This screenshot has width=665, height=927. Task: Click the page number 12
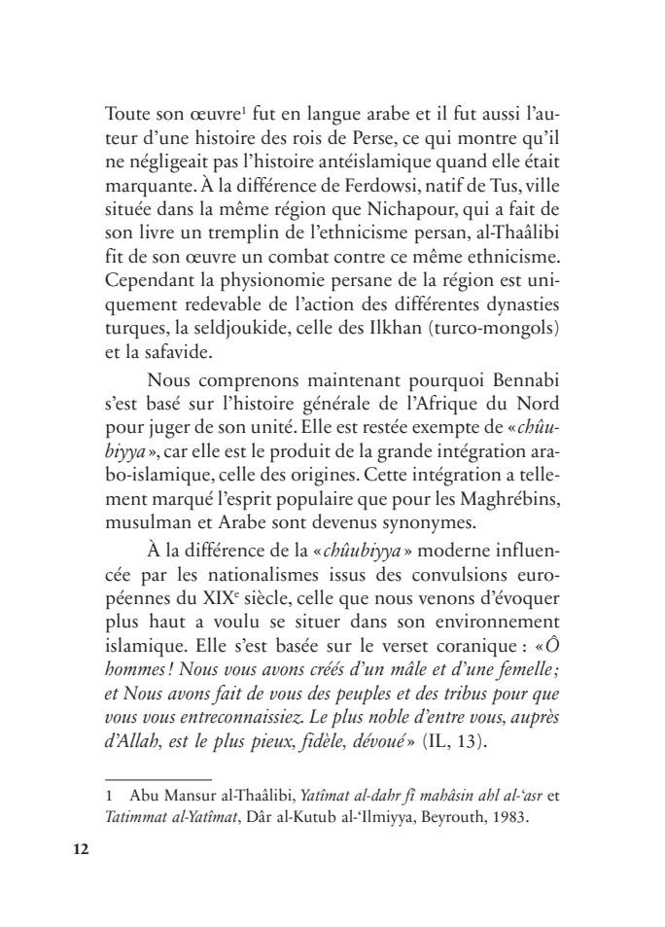(81, 849)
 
